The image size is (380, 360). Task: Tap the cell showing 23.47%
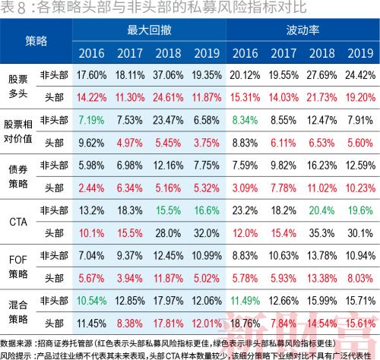click(x=167, y=119)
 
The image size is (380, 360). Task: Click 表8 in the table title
click(x=14, y=8)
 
